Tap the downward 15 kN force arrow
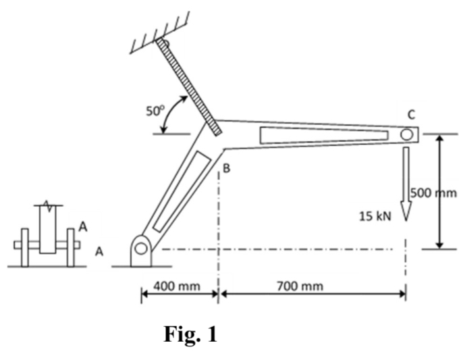(406, 182)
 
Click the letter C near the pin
(410, 114)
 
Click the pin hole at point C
(406, 134)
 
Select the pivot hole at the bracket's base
(140, 249)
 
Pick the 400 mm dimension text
(177, 286)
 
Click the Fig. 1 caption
(190, 335)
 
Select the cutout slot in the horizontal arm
(323, 135)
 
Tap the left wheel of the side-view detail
(25, 247)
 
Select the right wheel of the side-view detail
(70, 247)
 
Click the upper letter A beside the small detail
(83, 227)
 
